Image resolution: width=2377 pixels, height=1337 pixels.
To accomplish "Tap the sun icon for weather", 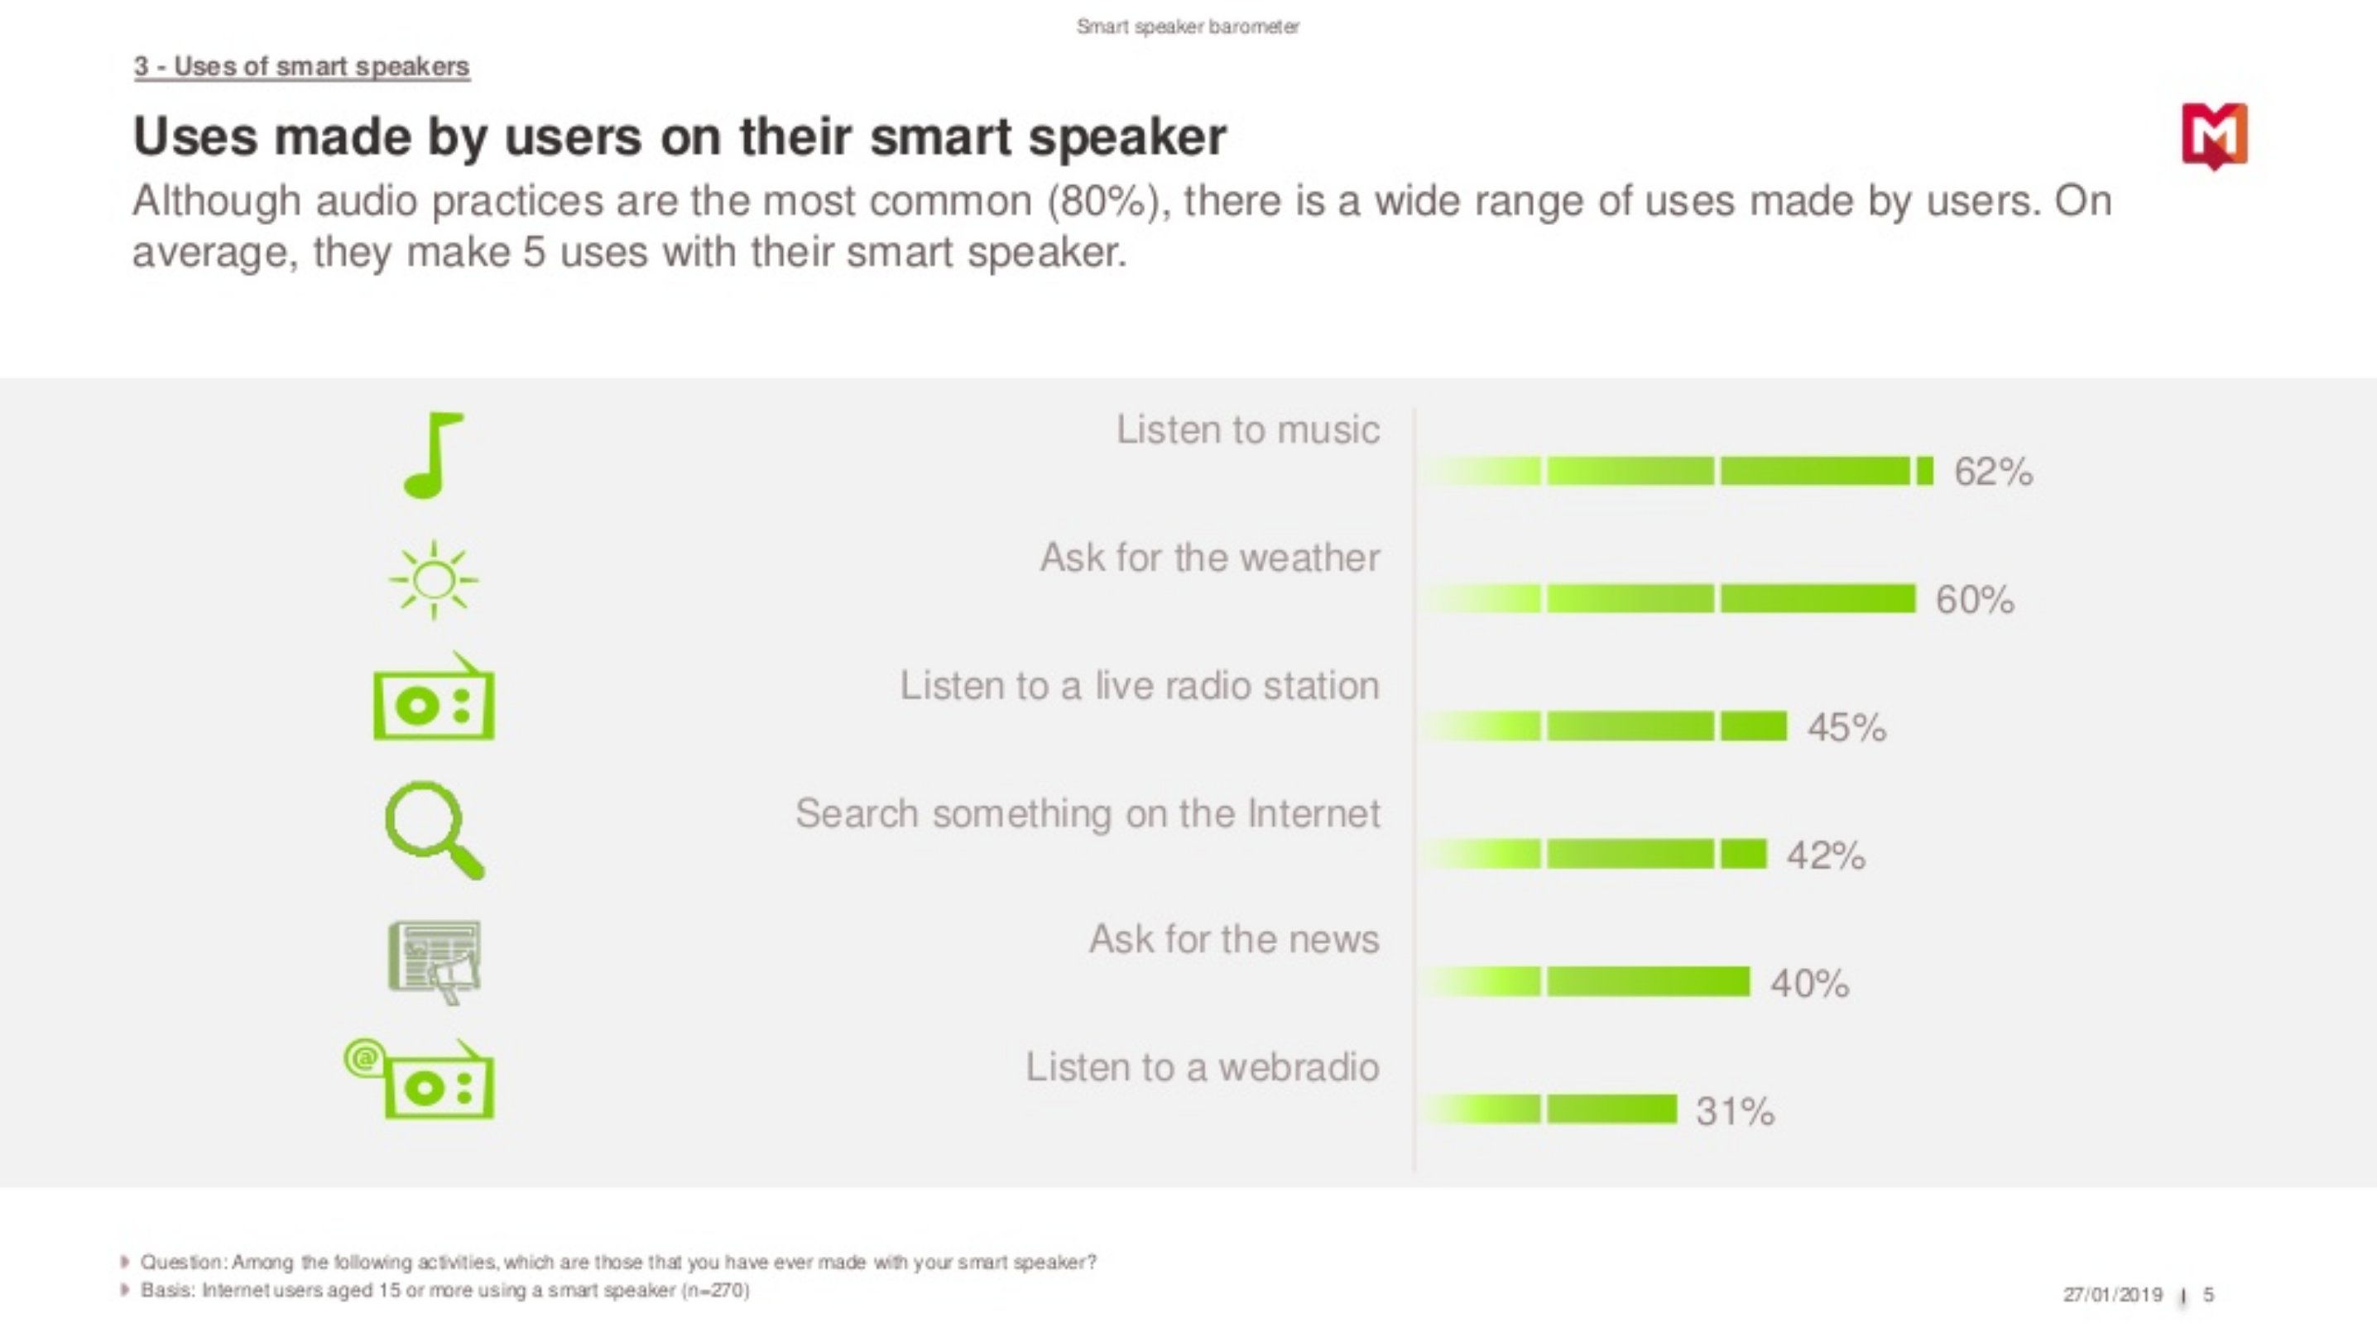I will [x=433, y=580].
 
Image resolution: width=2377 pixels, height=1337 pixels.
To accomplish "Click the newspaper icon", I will [x=434, y=961].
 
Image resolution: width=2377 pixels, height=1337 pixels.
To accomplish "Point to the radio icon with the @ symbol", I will [x=420, y=1079].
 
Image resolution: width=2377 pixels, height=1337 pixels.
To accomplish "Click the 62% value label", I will [x=1993, y=472].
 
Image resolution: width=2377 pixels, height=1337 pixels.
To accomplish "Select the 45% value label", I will [x=1846, y=727].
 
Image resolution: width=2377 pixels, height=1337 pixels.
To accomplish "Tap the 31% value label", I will [x=1735, y=1111].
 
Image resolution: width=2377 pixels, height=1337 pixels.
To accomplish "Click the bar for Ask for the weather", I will [x=1669, y=599].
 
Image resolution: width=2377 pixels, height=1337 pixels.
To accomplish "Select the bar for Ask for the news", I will [x=1585, y=982].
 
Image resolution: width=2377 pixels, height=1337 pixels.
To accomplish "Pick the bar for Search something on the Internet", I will [x=1593, y=855].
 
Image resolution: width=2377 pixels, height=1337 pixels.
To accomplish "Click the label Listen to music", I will [x=1247, y=430].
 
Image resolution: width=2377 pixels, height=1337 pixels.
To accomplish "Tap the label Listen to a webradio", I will [x=1203, y=1067].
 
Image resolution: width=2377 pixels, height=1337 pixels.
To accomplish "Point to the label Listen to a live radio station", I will [x=1140, y=686].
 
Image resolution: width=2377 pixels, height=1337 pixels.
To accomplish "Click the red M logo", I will [x=2214, y=136].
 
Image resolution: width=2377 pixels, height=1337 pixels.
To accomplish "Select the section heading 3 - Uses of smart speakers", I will [x=302, y=66].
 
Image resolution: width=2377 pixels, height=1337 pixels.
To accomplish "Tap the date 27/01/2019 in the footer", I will [x=2112, y=1295].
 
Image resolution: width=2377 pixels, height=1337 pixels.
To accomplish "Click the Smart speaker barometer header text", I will [x=1188, y=26].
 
